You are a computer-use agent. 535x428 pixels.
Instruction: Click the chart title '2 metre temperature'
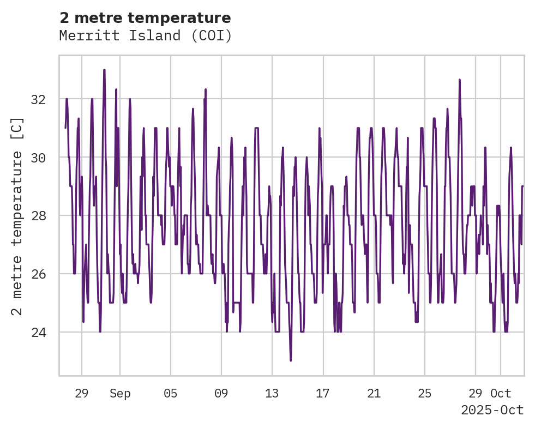click(145, 18)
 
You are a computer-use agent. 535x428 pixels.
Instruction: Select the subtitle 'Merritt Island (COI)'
click(145, 36)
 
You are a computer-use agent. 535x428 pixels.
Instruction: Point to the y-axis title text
click(17, 215)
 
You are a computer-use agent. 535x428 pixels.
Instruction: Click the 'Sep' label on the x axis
click(120, 394)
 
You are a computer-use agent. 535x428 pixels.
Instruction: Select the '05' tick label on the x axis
click(171, 394)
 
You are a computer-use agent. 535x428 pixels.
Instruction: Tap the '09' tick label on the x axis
click(221, 394)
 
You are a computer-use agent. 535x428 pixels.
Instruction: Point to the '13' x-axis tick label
click(272, 394)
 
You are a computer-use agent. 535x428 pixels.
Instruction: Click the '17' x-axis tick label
click(323, 394)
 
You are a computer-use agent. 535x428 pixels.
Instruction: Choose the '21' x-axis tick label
click(374, 394)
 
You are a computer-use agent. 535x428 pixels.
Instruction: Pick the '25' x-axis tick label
click(425, 394)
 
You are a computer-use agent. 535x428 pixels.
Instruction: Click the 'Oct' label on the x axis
click(501, 394)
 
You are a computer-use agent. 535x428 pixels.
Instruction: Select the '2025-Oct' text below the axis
click(492, 411)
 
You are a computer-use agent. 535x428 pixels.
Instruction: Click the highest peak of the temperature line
click(104, 70)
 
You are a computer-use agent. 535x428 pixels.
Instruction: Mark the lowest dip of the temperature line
click(291, 360)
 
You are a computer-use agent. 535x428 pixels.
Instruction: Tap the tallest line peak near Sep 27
click(460, 80)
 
